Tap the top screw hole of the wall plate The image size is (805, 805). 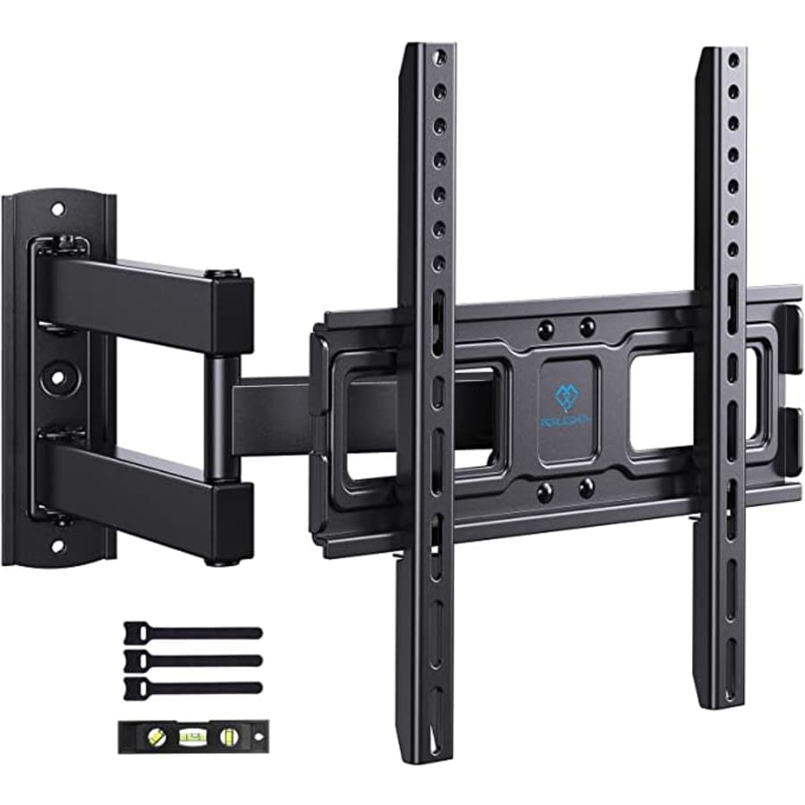(58, 210)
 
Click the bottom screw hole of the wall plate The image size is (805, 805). (58, 544)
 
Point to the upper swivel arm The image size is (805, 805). (143, 295)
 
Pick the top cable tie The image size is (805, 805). (192, 631)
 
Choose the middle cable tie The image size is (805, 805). (192, 660)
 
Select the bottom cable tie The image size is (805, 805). (192, 687)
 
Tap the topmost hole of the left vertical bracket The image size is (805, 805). (440, 58)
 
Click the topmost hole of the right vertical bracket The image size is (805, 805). (733, 60)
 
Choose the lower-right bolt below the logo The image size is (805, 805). (587, 488)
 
